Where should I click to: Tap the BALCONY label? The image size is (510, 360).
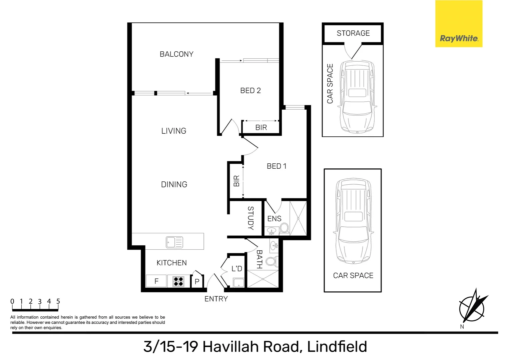coord(176,54)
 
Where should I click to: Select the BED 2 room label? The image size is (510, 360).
coord(250,90)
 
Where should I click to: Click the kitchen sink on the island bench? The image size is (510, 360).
coord(174,242)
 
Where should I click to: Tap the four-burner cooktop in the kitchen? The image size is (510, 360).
coord(178,282)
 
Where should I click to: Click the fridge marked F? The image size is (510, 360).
coord(156,281)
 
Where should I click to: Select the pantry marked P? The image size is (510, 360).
coord(197,282)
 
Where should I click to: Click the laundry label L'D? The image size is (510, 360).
coord(236,269)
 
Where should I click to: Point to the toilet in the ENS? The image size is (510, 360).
coord(284,228)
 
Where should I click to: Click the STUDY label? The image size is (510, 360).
coord(250,218)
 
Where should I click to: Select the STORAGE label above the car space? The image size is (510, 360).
coord(353,33)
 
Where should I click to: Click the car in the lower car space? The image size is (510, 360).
coord(353,221)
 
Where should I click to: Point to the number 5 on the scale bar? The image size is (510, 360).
coord(58,301)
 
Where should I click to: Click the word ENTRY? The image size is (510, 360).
coord(216,299)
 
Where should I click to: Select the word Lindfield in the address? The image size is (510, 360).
coord(337,347)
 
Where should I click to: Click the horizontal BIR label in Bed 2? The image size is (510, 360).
coord(261,127)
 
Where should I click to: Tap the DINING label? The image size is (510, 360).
coord(174,184)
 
